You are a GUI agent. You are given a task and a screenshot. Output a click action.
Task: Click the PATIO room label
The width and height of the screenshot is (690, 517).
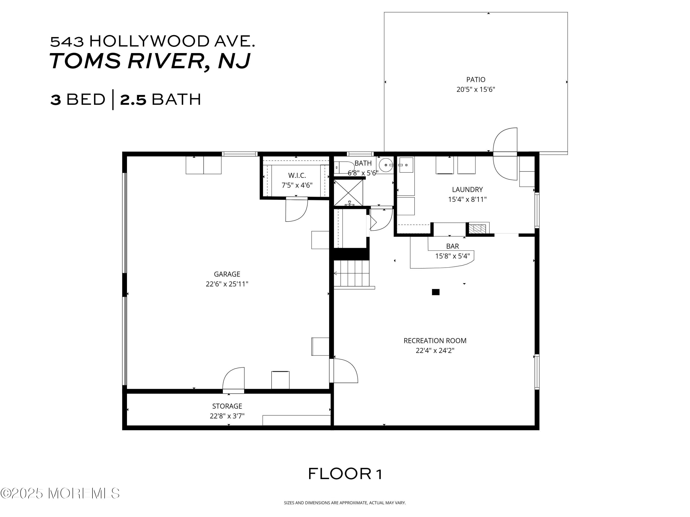[475, 80]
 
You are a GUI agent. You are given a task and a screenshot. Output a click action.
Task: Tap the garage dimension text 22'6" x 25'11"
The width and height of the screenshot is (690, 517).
[227, 284]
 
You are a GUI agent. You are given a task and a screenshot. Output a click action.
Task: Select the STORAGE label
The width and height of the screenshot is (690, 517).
[227, 406]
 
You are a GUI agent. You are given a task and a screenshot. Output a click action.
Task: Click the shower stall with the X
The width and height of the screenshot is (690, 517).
[348, 192]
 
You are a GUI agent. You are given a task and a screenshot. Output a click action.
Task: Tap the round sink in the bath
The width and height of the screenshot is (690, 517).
[386, 165]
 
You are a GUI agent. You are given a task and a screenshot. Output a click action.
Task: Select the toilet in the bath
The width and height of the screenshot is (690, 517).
[343, 167]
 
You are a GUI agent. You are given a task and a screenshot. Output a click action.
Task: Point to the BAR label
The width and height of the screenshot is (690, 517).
[452, 246]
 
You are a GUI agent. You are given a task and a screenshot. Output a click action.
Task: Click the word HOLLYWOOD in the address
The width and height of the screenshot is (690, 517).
[149, 41]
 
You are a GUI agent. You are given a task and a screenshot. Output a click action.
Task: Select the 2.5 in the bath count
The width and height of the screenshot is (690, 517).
[133, 100]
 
